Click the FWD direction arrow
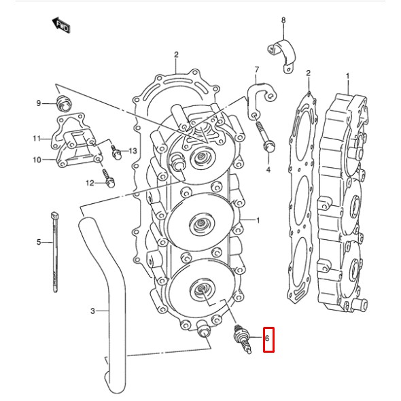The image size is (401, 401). point(62,26)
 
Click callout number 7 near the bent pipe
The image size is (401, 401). point(256,70)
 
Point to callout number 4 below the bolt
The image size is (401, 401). point(268,169)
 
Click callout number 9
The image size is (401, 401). point(39,103)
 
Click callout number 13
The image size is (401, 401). point(133,150)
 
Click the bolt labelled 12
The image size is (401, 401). point(109,181)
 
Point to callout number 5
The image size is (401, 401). point(39,242)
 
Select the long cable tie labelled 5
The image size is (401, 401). point(54,251)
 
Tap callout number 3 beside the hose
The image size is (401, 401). point(93,311)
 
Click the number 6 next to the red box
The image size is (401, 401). point(268,338)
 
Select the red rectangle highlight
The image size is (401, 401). point(268,338)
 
